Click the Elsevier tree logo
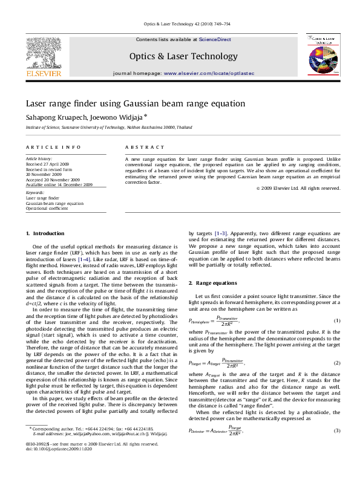point(43,54)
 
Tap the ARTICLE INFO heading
point(53,148)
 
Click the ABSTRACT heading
point(144,148)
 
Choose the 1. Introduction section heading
point(45,233)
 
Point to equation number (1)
point(337,320)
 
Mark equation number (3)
point(337,430)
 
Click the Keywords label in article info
point(34,193)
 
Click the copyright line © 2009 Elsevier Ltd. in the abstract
point(298,188)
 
